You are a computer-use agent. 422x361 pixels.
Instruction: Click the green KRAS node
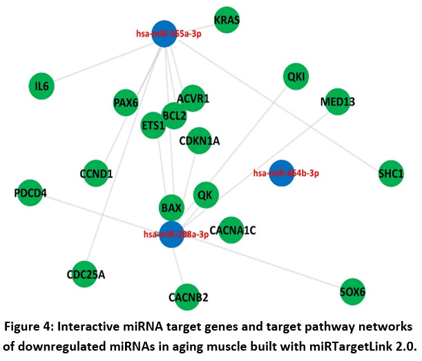point(227,21)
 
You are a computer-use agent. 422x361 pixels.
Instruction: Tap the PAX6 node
point(126,104)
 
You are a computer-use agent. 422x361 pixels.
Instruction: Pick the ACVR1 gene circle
point(192,99)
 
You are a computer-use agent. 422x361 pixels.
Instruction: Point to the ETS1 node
point(153,126)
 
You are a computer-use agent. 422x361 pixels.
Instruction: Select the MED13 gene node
point(337,103)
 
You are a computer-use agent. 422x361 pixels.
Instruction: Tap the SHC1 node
point(390,173)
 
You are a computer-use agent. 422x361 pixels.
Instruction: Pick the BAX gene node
point(171,207)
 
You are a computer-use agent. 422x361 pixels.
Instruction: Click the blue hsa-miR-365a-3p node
point(164,34)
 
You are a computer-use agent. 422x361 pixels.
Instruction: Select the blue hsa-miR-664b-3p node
point(282,173)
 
